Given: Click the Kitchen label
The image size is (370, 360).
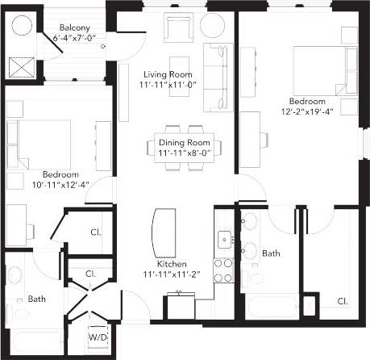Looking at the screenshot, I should click(173, 265).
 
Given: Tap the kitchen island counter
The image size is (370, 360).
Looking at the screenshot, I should click(163, 230).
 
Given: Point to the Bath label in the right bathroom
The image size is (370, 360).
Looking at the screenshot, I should click(271, 253).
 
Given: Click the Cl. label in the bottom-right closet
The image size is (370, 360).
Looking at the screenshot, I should click(342, 302).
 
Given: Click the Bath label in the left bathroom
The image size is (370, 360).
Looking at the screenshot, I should click(37, 299).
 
